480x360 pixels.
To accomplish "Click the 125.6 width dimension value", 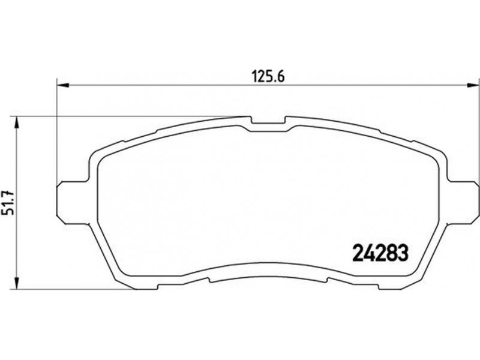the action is (x=268, y=77).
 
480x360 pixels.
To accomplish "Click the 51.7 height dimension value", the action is (x=8, y=203).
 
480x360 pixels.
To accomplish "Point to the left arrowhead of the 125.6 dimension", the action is (x=64, y=86).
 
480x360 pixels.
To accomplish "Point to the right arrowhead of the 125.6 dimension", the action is (x=472, y=86).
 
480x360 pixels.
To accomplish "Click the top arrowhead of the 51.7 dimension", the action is (x=17, y=123).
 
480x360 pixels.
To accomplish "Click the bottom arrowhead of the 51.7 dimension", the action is (x=17, y=283).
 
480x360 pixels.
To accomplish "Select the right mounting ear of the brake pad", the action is (x=461, y=202).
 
